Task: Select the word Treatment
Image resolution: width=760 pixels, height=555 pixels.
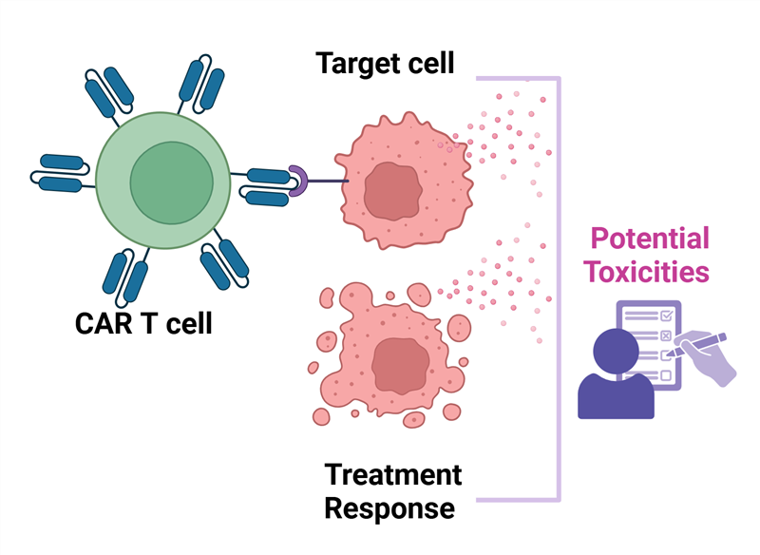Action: coord(392,473)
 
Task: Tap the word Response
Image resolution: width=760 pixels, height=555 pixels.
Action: coord(389,508)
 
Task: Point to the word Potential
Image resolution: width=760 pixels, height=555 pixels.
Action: coord(650,239)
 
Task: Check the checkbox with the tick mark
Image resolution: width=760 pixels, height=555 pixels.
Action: coord(666,315)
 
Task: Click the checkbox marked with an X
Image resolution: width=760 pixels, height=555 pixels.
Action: coord(666,335)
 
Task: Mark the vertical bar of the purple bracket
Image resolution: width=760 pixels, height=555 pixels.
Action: coord(560,285)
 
